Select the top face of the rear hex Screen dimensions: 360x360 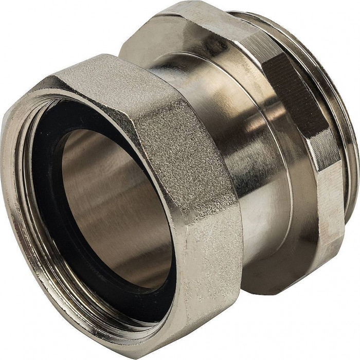tap(206, 26)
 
